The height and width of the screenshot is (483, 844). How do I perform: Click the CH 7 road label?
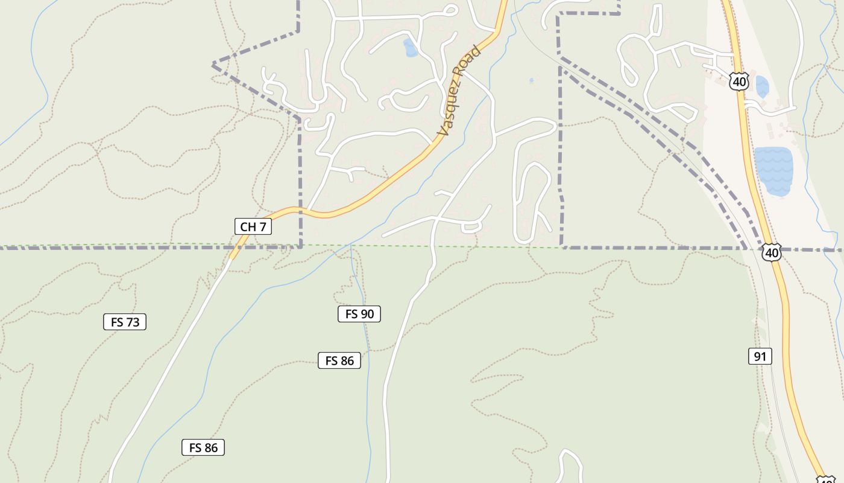click(253, 226)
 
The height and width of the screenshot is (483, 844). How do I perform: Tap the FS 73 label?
click(125, 322)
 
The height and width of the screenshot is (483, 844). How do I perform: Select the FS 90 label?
click(359, 314)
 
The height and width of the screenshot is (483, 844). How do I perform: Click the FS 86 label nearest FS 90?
click(339, 360)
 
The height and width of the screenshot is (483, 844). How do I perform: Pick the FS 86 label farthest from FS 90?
click(203, 447)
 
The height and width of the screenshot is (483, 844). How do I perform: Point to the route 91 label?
click(760, 356)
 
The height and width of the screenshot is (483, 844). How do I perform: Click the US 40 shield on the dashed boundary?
click(771, 252)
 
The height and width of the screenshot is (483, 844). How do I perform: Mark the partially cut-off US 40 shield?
click(827, 479)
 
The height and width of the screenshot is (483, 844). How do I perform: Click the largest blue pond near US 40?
click(774, 171)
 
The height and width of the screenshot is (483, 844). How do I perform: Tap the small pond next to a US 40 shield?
click(762, 87)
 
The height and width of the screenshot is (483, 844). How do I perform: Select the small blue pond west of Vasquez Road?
click(411, 48)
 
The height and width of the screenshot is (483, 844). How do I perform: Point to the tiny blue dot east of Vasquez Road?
click(531, 80)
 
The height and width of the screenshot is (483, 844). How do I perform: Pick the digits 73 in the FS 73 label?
click(133, 322)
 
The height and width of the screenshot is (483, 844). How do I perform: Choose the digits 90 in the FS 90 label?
click(367, 314)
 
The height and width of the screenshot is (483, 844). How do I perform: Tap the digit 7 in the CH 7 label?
click(262, 226)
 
